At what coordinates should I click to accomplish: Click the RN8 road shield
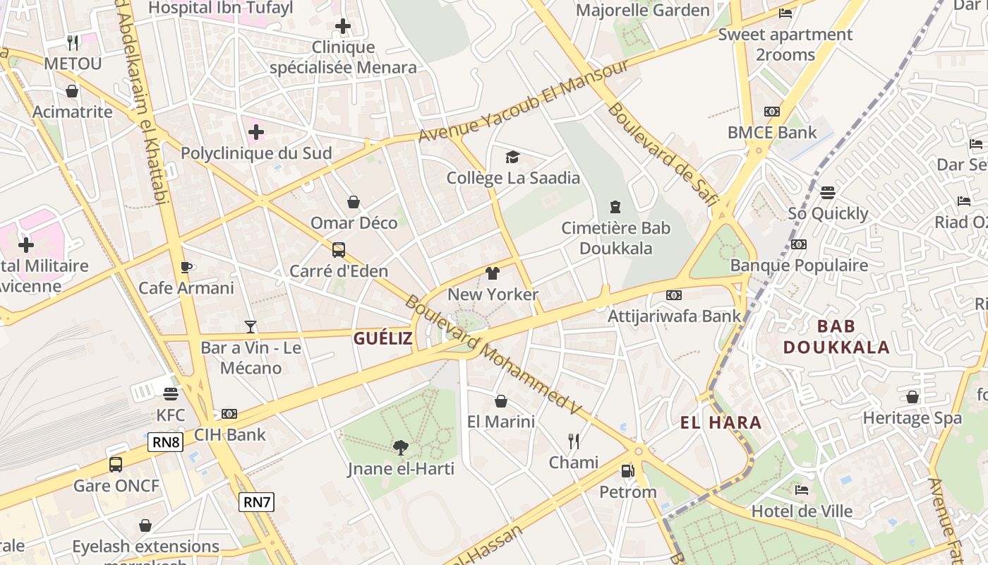tap(166, 443)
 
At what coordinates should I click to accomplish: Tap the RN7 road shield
tap(256, 502)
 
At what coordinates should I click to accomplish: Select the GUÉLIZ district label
tap(382, 338)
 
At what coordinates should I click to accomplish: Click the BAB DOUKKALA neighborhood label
tap(836, 336)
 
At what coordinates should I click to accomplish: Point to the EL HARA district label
tap(721, 423)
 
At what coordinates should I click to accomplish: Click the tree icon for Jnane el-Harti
tap(400, 447)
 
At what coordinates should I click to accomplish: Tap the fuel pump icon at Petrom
tap(627, 470)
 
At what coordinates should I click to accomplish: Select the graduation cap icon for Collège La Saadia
tap(512, 157)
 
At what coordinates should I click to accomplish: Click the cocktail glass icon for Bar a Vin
tap(251, 326)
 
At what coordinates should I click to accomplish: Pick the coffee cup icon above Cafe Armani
tap(186, 267)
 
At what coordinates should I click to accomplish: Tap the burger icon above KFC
tap(171, 393)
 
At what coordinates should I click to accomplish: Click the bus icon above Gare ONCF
tap(116, 465)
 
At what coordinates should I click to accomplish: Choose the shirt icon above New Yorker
tap(493, 273)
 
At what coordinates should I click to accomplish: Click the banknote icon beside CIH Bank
tap(229, 414)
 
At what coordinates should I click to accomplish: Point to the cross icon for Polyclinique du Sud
tap(256, 132)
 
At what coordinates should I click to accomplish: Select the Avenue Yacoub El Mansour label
tap(523, 100)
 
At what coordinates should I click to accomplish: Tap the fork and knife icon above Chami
tap(574, 441)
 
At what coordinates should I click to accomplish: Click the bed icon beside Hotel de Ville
tap(801, 489)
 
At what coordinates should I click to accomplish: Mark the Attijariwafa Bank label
tap(675, 316)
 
